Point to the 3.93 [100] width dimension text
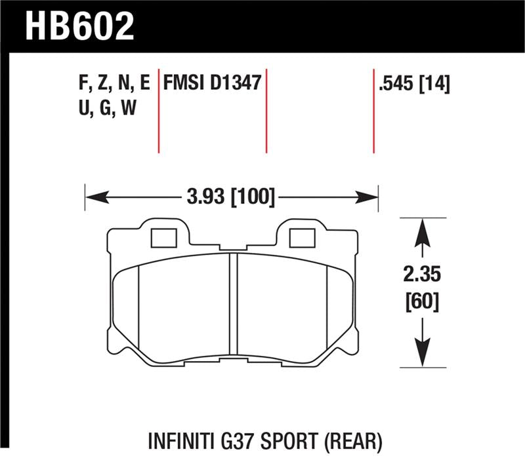click(x=230, y=196)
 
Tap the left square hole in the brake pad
click(x=163, y=237)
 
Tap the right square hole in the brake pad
click(x=303, y=237)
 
